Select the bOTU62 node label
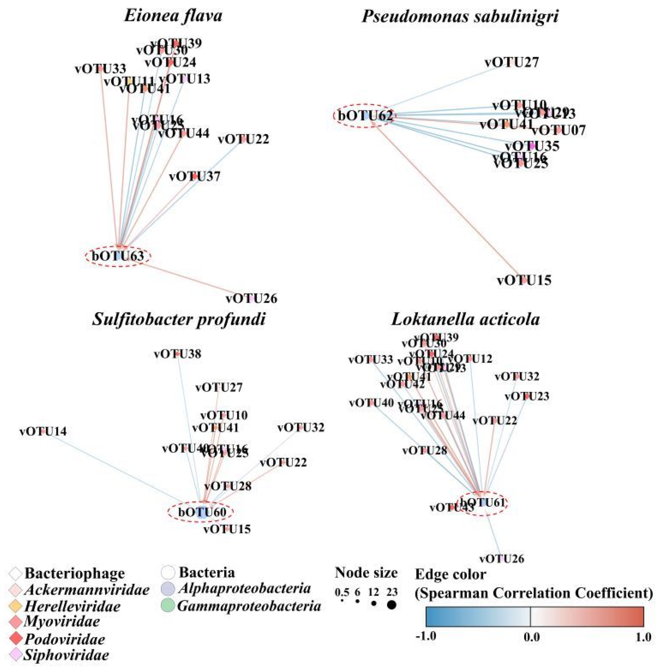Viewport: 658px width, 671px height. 365,116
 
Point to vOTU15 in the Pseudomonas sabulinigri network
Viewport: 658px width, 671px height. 524,280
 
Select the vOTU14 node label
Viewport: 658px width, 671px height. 43,431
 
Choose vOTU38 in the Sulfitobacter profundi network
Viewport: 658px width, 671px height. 177,354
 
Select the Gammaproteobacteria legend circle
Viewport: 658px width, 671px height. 168,606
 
